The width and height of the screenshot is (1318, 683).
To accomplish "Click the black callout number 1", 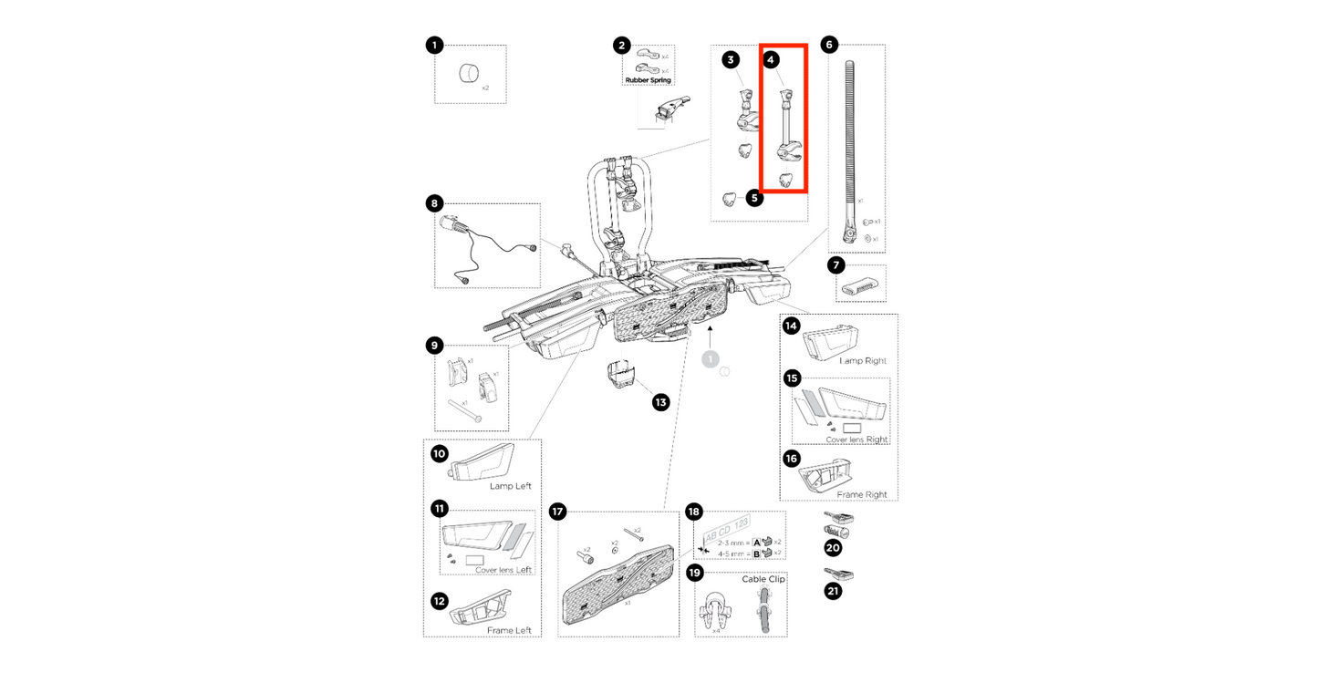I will [435, 45].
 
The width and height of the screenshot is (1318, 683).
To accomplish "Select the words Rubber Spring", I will [648, 80].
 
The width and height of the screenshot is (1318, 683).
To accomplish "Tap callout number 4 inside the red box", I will [772, 60].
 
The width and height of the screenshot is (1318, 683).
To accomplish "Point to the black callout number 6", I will [828, 45].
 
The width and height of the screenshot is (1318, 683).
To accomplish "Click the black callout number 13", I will [660, 402].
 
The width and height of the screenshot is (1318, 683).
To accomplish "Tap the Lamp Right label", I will [862, 361].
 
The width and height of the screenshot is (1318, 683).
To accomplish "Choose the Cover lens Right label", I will [856, 440].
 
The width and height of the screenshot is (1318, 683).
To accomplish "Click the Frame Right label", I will [861, 494].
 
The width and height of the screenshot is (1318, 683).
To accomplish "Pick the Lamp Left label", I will [510, 486].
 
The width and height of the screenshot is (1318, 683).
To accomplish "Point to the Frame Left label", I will [508, 630].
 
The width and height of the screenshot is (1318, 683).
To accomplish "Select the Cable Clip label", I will [763, 579].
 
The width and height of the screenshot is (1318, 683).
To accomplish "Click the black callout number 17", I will [558, 512].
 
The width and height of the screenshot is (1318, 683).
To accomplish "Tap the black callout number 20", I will [832, 547].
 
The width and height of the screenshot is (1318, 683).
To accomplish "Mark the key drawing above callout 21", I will [838, 574].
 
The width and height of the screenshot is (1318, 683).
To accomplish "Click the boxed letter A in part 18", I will [756, 542].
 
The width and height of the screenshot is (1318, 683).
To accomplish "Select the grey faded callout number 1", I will [710, 359].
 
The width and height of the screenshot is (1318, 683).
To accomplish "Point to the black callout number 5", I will [754, 198].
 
